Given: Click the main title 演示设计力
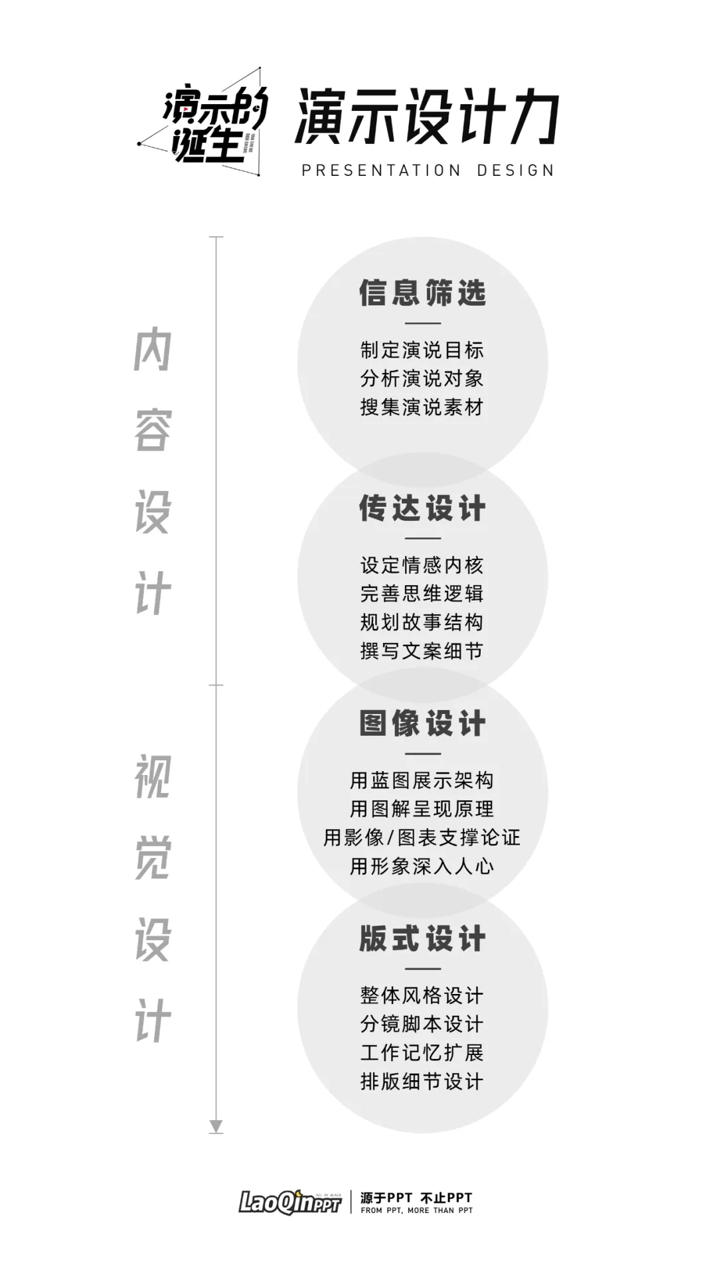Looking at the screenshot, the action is coord(427,117).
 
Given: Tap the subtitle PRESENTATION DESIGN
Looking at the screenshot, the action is coord(428,171).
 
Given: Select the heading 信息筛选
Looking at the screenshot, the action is coord(423,293).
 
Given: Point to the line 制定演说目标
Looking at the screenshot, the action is coord(422,350).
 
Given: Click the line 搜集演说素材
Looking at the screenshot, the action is coord(422,407).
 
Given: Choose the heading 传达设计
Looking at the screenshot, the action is coord(423,508).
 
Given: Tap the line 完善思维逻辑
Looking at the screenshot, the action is coord(422,593).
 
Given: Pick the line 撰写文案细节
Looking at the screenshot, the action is coord(422,650).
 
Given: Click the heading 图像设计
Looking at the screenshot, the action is coord(423,723).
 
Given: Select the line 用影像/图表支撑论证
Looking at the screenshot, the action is coord(422,837).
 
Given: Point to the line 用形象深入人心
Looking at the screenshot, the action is coord(422,866).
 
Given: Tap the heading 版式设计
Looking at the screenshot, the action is coord(423,939).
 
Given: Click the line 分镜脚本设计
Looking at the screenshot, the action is coord(422,1024).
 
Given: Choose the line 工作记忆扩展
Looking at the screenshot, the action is coord(422,1052).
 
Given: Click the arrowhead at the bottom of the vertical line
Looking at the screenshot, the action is coord(216,1127).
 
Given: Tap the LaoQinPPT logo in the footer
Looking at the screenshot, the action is coord(290,1202).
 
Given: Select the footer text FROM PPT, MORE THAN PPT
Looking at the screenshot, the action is coord(417,1210).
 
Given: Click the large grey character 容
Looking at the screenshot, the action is coord(153,431).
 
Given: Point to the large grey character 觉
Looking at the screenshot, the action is coord(153,858).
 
